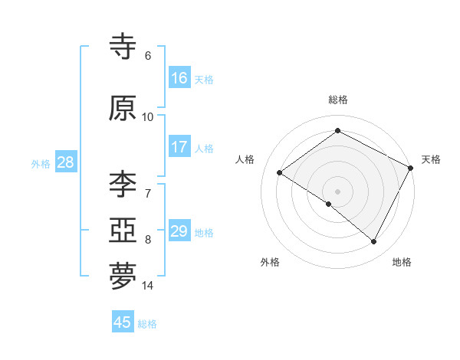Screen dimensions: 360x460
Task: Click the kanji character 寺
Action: pyautogui.click(x=123, y=47)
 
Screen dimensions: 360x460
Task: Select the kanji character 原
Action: pyautogui.click(x=123, y=109)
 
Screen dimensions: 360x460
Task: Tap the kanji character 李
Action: pyautogui.click(x=123, y=184)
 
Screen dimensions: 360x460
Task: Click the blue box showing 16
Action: pyautogui.click(x=179, y=78)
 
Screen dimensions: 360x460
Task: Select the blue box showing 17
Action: pyautogui.click(x=179, y=147)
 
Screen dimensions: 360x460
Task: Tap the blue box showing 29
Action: pyautogui.click(x=179, y=231)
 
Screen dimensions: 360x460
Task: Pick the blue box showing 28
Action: pyautogui.click(x=65, y=162)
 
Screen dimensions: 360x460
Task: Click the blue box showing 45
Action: pyautogui.click(x=123, y=322)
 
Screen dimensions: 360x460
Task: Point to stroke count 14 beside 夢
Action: pyautogui.click(x=148, y=286)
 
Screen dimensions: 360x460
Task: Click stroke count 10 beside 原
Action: pyautogui.click(x=148, y=116)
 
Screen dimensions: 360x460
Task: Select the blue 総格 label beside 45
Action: pyautogui.click(x=147, y=324)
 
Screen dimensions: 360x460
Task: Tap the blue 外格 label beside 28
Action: pyautogui.click(x=41, y=164)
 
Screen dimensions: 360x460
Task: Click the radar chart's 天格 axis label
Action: pyautogui.click(x=431, y=159)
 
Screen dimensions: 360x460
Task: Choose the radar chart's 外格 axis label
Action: pyautogui.click(x=270, y=262)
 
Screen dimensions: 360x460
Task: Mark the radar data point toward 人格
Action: pyautogui.click(x=280, y=172)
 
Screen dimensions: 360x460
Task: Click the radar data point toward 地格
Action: pyautogui.click(x=374, y=242)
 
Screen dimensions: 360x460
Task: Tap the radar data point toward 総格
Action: pyautogui.click(x=337, y=130)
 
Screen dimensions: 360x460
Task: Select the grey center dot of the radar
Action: pyautogui.click(x=337, y=191)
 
